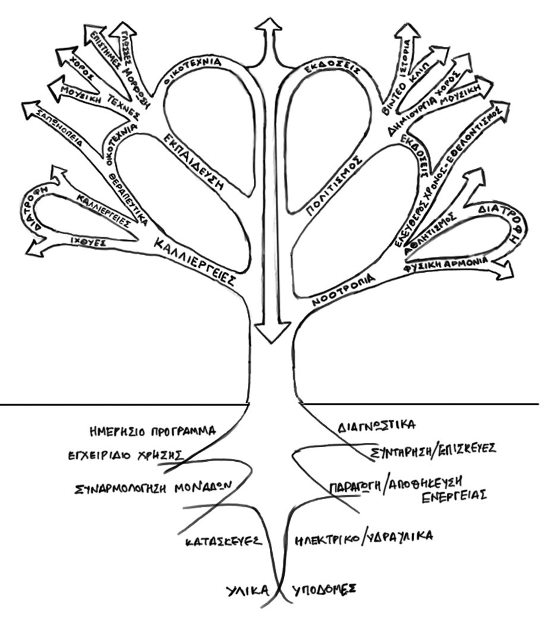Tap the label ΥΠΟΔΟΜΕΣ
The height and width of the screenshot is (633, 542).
pos(324,589)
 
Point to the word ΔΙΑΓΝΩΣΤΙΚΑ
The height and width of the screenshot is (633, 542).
pos(376,426)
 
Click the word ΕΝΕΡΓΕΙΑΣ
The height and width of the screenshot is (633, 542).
pos(455,495)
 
